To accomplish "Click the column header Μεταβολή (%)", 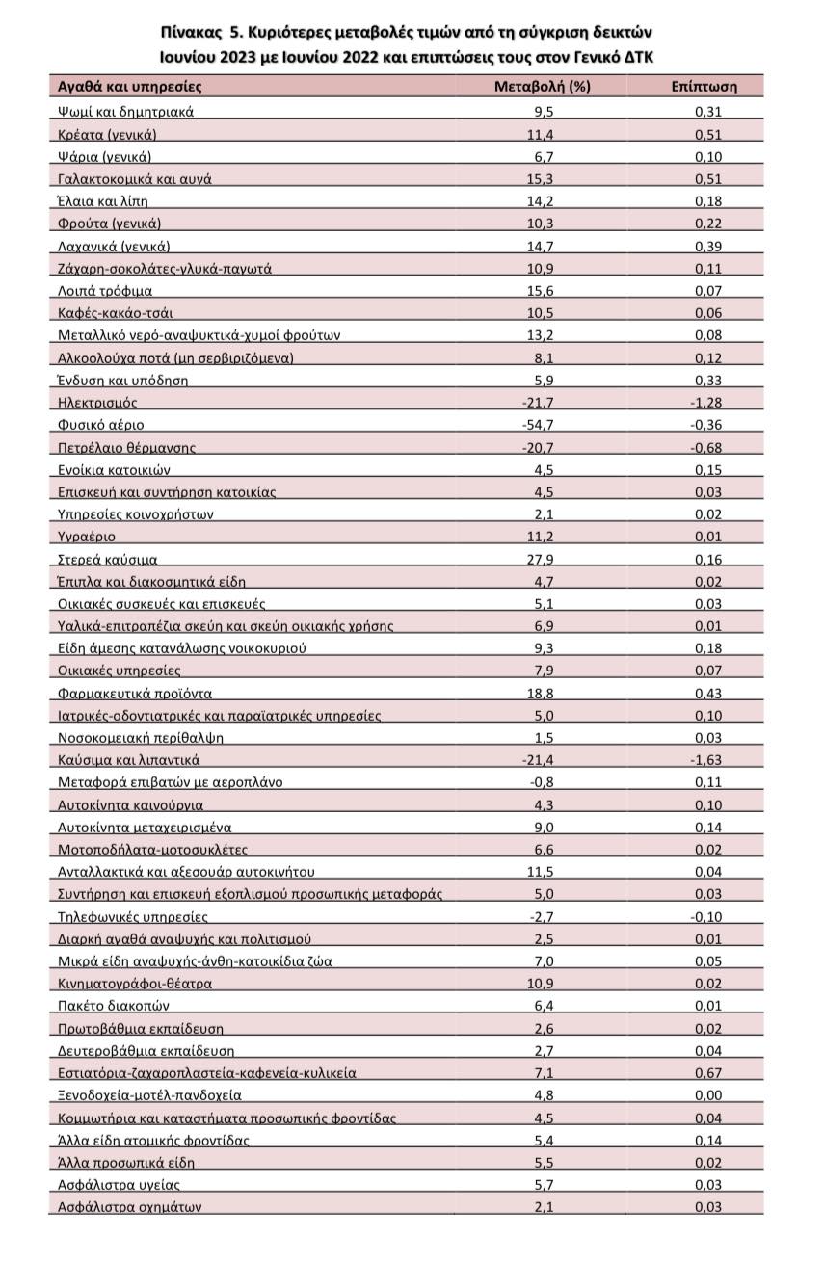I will tap(542, 86).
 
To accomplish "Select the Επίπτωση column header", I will tap(704, 86).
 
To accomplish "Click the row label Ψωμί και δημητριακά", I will tap(126, 111).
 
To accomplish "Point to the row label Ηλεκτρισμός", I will tap(98, 402).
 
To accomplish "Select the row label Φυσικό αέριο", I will tap(102, 424).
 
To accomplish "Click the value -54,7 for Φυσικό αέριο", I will tap(542, 424).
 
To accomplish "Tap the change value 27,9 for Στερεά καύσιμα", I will tap(542, 559).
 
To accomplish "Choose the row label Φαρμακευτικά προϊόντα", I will tap(135, 693).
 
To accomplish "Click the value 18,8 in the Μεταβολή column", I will tap(542, 693).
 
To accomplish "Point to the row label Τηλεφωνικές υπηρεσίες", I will tap(133, 917).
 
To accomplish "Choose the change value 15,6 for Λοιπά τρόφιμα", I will tap(542, 290).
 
